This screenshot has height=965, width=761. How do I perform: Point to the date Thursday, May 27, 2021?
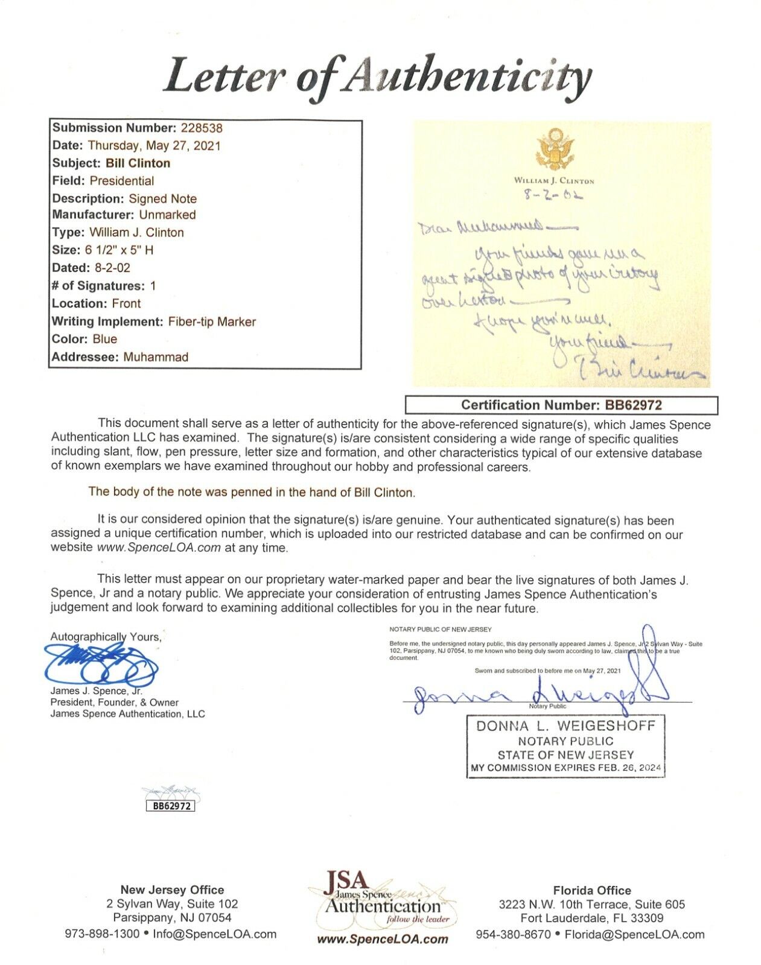pos(154,145)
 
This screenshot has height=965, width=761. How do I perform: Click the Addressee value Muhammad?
pos(156,357)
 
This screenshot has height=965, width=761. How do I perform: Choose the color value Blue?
pos(105,339)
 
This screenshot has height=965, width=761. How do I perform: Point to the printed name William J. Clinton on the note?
pos(554,180)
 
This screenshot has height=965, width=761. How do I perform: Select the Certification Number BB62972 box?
pos(561,405)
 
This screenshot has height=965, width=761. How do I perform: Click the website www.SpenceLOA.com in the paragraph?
pos(159,548)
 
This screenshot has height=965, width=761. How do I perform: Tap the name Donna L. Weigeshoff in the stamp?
pos(565,726)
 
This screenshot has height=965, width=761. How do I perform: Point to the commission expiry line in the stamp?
pos(565,768)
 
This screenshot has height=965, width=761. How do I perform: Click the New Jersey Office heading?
pos(172,890)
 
